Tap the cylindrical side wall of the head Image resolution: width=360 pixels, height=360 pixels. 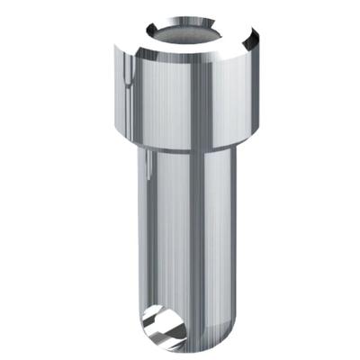pyautogui.click(x=162, y=103)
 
